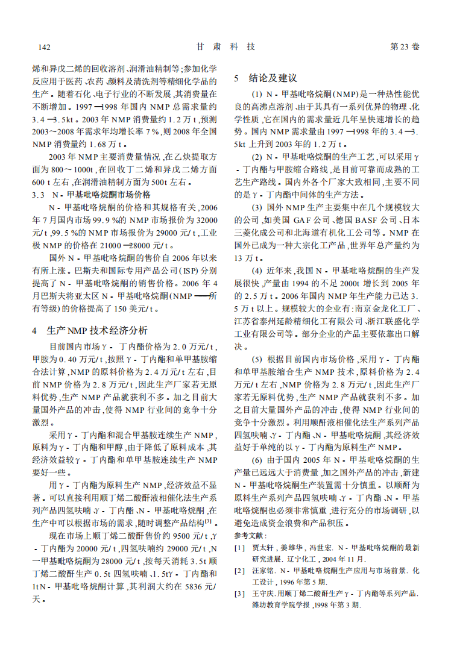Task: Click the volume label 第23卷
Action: (x=405, y=46)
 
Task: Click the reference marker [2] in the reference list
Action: (x=240, y=570)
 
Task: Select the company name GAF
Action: (x=307, y=219)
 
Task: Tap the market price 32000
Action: (x=204, y=219)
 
